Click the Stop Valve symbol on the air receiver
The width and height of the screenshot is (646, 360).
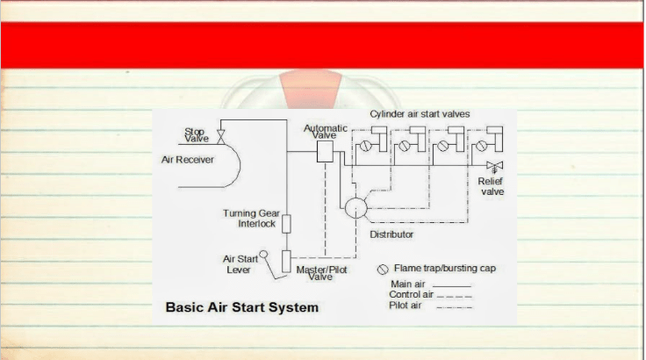pos(221,137)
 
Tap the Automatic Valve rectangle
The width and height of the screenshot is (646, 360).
pos(325,151)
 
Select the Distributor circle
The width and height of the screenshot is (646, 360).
pos(356,208)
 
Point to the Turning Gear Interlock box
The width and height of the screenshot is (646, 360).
pos(286,224)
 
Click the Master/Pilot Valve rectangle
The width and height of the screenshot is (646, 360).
pos(286,261)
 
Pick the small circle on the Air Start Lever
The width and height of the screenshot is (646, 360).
pos(263,254)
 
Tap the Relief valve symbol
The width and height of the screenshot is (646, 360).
pos(494,167)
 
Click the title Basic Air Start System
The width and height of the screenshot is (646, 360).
pos(242,307)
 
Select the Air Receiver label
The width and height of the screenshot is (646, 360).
pos(188,160)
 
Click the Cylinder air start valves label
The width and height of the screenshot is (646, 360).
pos(420,114)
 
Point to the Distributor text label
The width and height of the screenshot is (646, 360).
pos(391,234)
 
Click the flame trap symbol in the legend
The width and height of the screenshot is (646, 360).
pos(383,270)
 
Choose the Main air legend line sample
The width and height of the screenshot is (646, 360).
pos(452,285)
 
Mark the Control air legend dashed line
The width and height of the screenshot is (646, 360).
pos(454,296)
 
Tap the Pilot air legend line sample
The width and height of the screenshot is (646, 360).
pos(454,307)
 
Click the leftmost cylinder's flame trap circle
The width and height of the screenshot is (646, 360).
pos(365,146)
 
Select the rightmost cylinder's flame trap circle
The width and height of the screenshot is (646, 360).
pos(482,146)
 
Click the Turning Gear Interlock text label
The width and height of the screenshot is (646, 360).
pos(251,218)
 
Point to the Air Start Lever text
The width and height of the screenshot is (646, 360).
pos(240,264)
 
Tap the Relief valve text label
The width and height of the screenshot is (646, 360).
pos(491,186)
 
